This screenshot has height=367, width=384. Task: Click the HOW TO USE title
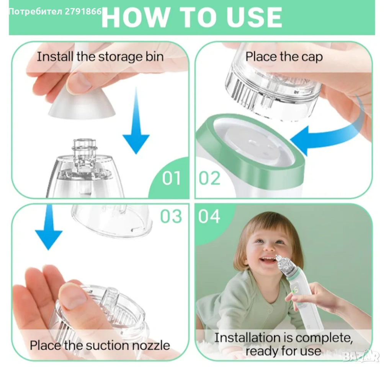(192, 17)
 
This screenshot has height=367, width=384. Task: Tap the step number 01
(172, 178)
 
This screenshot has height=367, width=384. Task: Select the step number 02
(209, 178)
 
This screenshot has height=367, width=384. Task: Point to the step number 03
(171, 216)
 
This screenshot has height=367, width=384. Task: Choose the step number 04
(209, 216)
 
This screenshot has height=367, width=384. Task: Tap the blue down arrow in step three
(49, 227)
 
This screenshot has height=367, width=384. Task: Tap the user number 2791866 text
(83, 11)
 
